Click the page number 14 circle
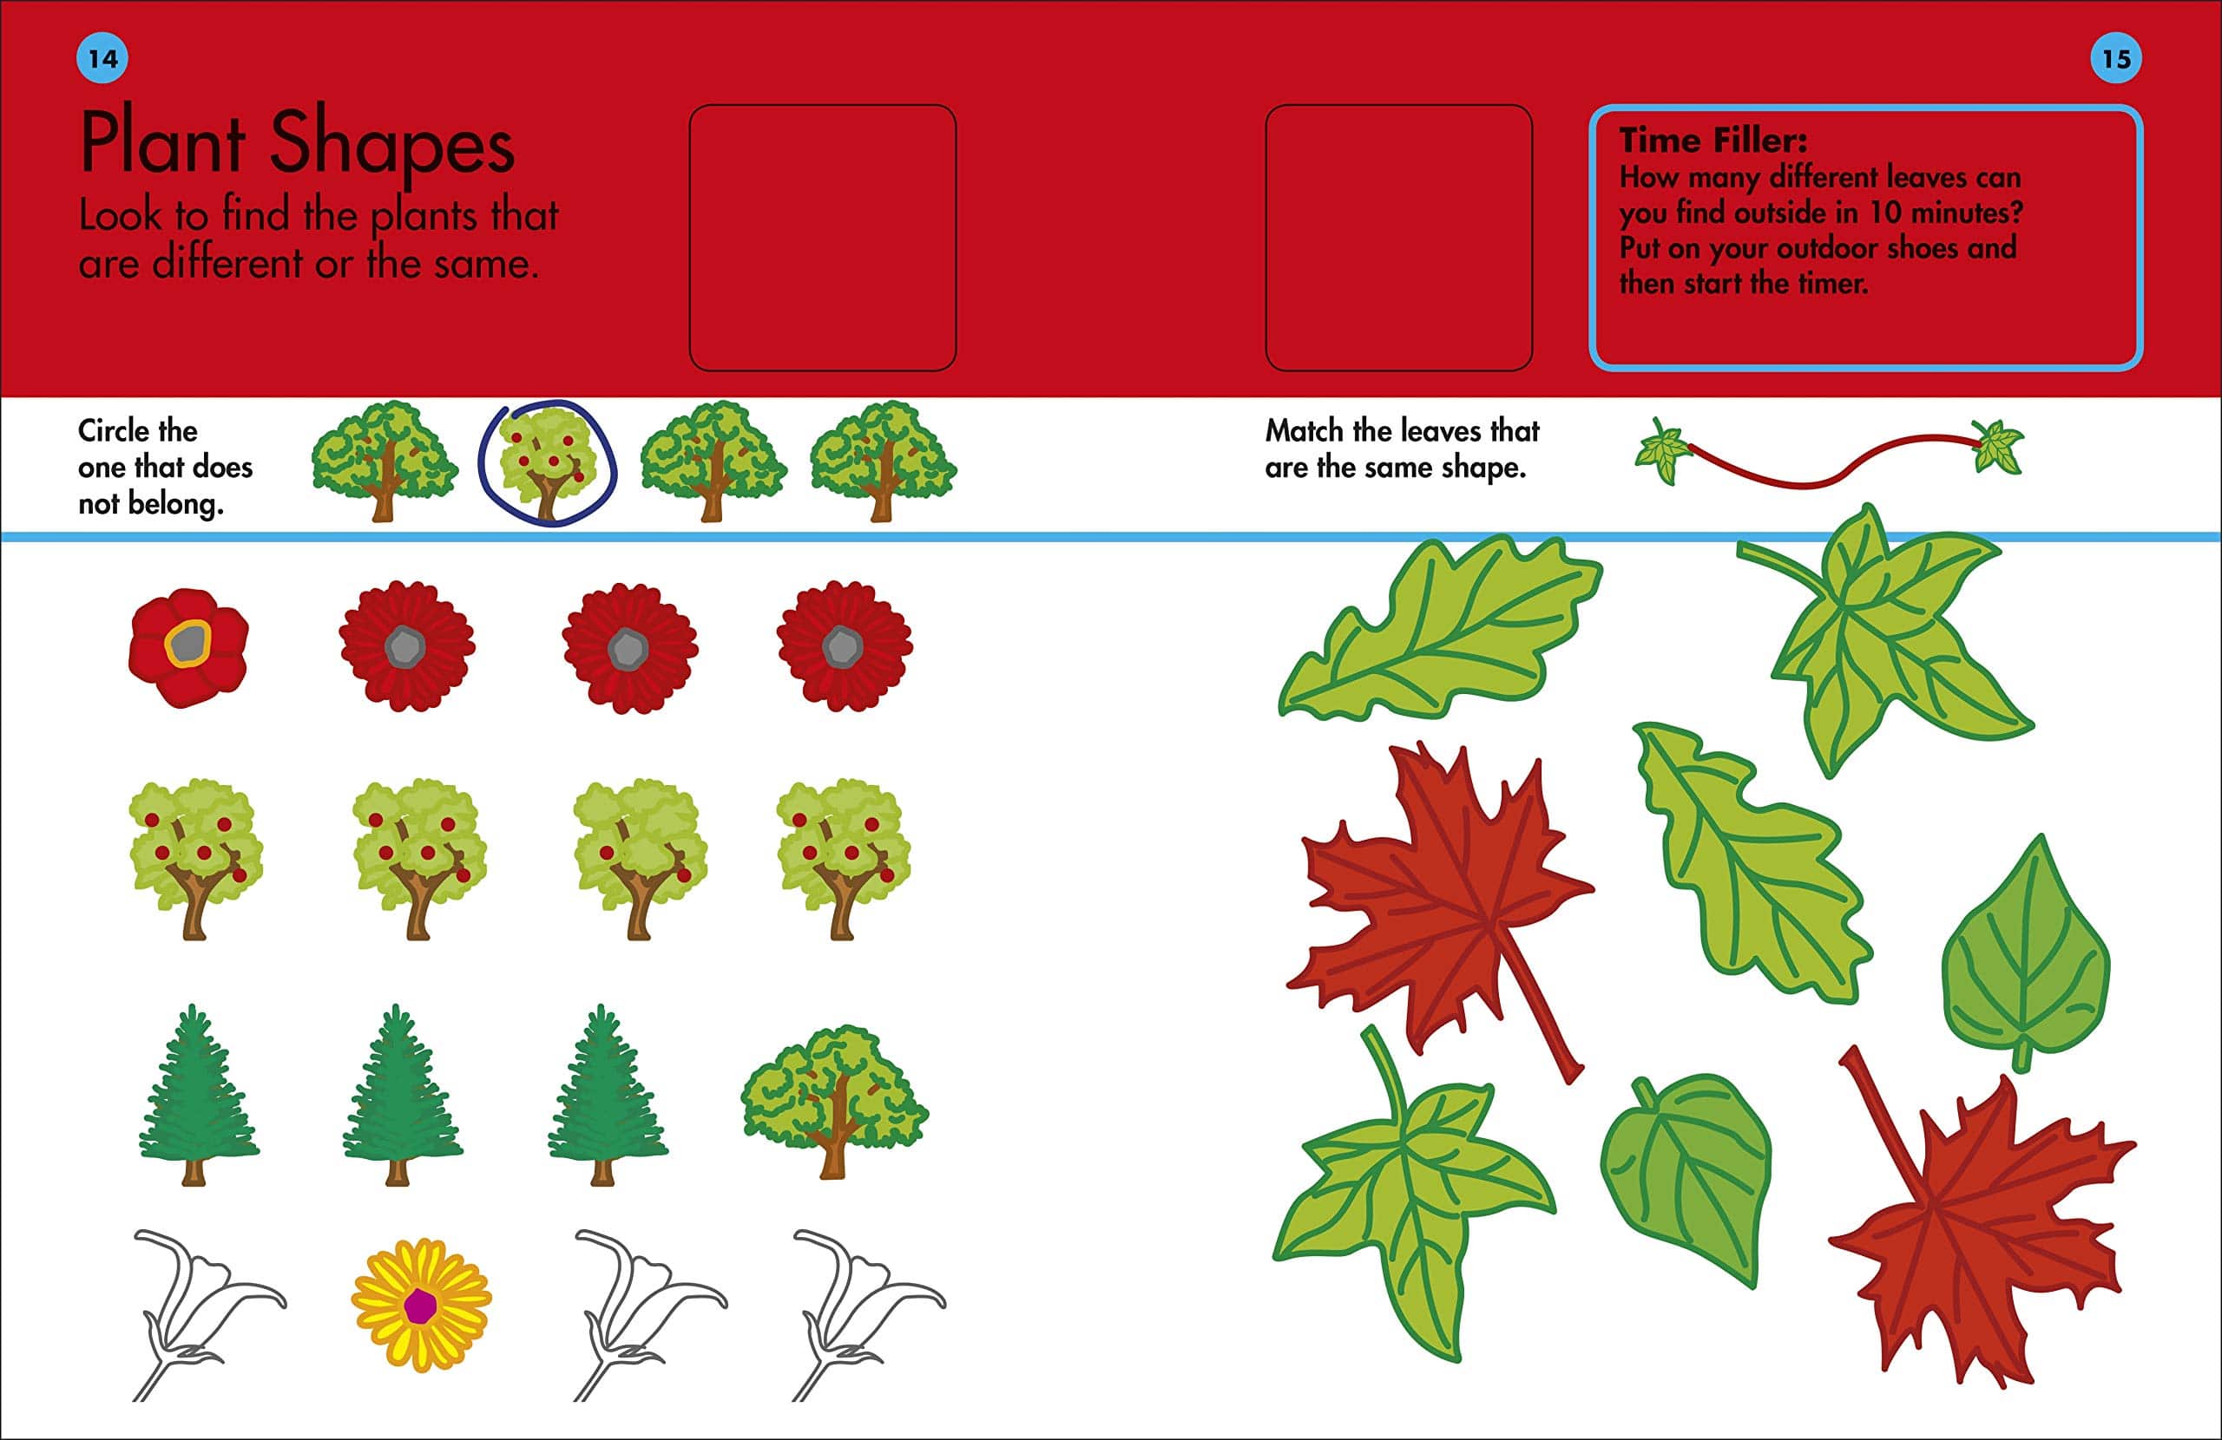pyautogui.click(x=102, y=58)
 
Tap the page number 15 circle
pyautogui.click(x=2115, y=58)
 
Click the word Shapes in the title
pyautogui.click(x=392, y=145)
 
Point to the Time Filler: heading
pyautogui.click(x=1713, y=140)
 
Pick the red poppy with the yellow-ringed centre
pyautogui.click(x=188, y=647)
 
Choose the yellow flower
pyautogui.click(x=421, y=1305)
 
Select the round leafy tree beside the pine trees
pyautogui.click(x=834, y=1101)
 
